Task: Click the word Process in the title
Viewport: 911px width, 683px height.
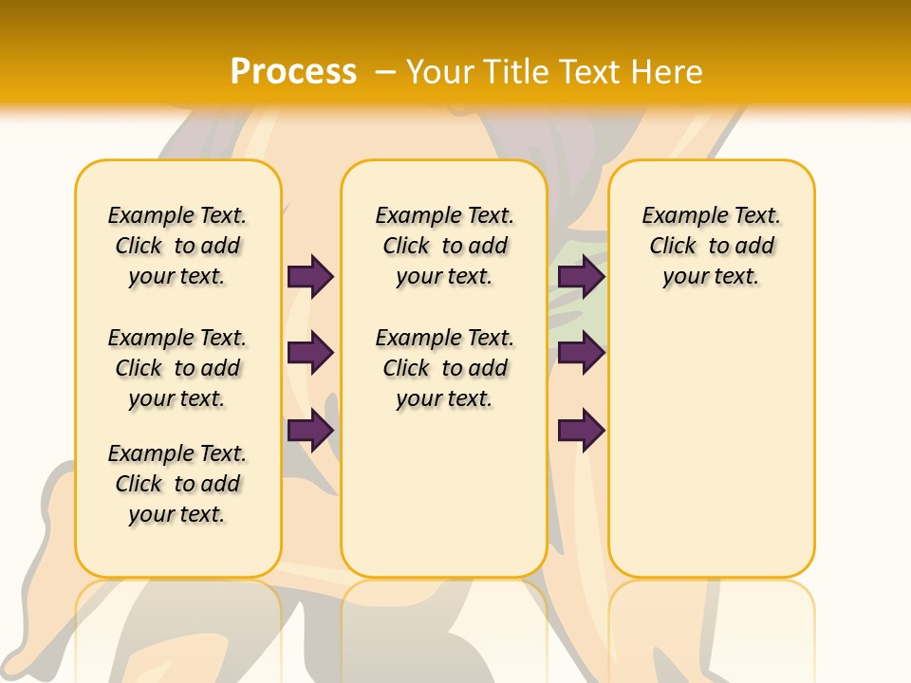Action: [x=293, y=71]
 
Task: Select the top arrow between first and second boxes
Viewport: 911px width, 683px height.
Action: [x=310, y=276]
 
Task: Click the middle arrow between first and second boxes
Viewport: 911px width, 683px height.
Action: [x=310, y=353]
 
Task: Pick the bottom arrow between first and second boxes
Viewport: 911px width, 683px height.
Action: [x=310, y=430]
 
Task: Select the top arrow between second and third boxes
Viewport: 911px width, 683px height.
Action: [x=581, y=276]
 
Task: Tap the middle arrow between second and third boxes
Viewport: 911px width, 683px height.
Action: [x=581, y=353]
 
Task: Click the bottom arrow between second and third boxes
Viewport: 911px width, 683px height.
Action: [x=581, y=430]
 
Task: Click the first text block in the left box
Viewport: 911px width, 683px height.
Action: [x=177, y=246]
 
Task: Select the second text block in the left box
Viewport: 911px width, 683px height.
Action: [x=177, y=368]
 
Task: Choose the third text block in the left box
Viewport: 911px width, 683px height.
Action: [x=177, y=484]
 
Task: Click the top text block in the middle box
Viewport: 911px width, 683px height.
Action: [x=444, y=246]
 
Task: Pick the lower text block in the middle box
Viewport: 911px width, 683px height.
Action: [x=444, y=368]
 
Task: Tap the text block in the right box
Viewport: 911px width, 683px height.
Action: [x=711, y=246]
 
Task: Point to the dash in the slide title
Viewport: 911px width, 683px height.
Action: [x=385, y=72]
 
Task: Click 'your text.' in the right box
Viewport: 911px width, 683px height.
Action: [x=711, y=277]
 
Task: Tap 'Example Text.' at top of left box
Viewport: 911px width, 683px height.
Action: [x=177, y=215]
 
